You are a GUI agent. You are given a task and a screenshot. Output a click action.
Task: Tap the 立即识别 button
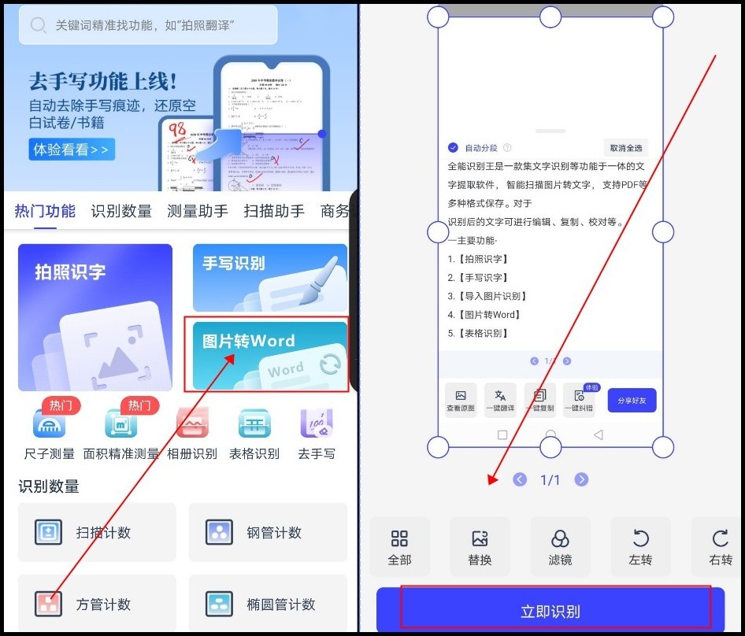coord(550,611)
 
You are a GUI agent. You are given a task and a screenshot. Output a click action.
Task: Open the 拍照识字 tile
coord(95,317)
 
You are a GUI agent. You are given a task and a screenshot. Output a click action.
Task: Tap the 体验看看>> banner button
coord(72,149)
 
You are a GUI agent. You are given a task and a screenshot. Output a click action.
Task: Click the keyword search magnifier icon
coord(38,25)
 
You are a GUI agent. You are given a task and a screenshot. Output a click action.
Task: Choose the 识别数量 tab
coord(121,211)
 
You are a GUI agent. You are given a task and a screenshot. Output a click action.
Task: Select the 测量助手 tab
coord(198,211)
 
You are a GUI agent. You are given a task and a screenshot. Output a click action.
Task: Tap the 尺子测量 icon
coord(49,425)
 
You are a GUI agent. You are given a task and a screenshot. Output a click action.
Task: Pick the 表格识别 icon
coord(254,425)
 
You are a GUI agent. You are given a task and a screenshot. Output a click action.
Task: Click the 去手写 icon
coord(317,425)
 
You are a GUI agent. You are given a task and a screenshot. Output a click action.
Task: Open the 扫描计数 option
coord(97,533)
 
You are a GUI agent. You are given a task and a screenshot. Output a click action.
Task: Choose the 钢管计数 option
coord(268,533)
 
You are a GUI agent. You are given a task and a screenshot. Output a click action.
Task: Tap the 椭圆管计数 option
coord(268,605)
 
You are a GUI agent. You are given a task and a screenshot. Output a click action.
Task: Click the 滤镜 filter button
coord(560,547)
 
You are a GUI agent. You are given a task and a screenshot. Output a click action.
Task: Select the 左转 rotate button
coord(640,547)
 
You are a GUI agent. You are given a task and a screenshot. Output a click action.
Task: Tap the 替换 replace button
coord(480,547)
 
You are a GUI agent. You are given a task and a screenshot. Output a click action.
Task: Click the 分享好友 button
coord(632,401)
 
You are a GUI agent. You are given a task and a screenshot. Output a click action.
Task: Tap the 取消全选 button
coord(626,148)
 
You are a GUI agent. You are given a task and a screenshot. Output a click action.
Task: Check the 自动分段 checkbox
coord(454,148)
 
